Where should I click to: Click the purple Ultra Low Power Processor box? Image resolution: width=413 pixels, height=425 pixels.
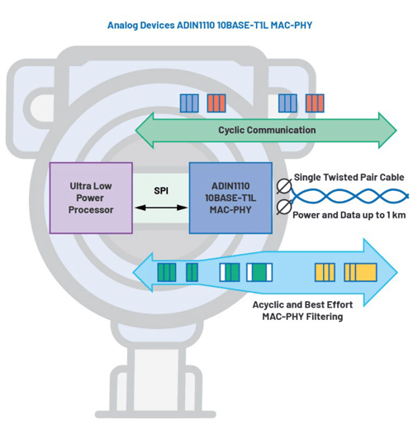pyautogui.click(x=91, y=198)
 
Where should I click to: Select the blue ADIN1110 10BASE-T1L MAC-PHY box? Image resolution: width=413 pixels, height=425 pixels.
pyautogui.click(x=230, y=198)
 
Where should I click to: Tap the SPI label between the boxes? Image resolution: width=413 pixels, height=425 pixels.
pyautogui.click(x=161, y=190)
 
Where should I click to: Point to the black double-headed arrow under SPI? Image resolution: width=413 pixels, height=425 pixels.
pyautogui.click(x=161, y=209)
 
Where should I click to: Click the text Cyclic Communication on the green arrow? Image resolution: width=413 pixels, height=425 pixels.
pyautogui.click(x=266, y=130)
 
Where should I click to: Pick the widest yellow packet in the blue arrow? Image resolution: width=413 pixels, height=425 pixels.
pyautogui.click(x=360, y=272)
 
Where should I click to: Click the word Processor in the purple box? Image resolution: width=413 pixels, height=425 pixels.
pyautogui.click(x=91, y=210)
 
